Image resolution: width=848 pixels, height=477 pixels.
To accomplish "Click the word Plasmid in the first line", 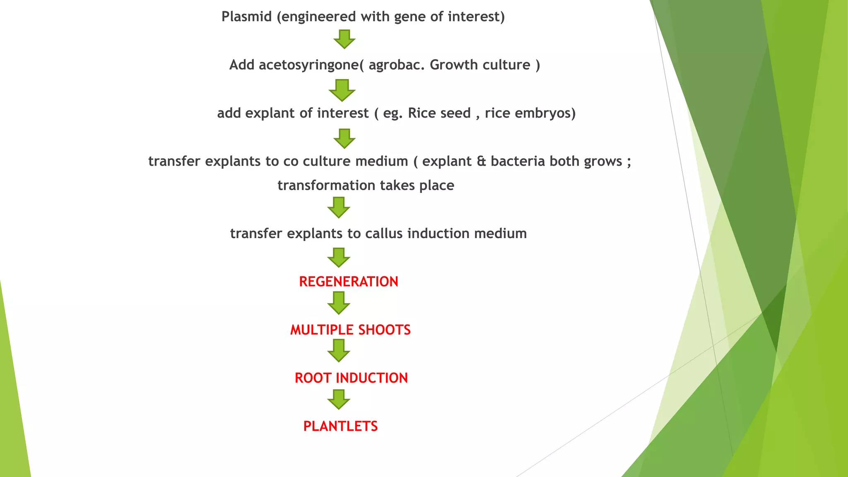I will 246,17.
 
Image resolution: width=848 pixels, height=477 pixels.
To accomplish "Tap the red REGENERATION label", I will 348,282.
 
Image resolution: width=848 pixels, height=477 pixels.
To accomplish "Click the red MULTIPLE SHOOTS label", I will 350,330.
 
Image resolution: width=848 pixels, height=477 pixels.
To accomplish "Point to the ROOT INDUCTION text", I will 351,378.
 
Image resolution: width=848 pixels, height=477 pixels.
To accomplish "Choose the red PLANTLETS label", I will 340,426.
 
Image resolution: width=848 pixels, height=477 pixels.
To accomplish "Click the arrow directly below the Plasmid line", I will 344,39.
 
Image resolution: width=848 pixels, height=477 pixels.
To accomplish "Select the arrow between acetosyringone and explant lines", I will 342,90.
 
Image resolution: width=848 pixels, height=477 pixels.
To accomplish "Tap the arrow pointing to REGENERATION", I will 339,258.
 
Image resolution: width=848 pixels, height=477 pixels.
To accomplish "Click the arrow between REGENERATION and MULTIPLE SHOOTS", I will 339,303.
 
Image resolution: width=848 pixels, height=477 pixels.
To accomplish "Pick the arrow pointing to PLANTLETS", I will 339,399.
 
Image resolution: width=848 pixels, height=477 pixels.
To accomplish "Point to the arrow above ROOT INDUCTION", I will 339,350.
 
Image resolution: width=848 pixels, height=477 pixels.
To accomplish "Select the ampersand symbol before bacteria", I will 481,161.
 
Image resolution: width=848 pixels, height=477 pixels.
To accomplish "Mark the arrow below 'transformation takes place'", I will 339,207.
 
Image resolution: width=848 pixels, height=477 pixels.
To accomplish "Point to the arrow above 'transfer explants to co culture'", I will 344,138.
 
